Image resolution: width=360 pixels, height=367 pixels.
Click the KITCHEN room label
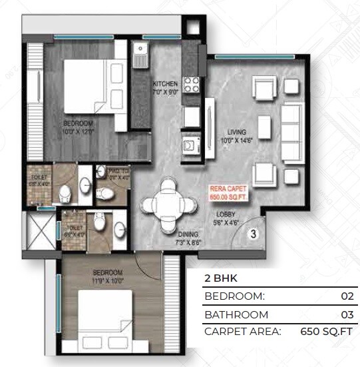tap(166, 84)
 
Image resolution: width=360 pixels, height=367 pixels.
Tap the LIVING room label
tap(237, 132)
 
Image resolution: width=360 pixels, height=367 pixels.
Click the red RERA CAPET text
tap(228, 188)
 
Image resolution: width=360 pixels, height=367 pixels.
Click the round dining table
tap(171, 200)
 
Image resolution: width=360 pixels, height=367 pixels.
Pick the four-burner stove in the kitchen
tap(192, 85)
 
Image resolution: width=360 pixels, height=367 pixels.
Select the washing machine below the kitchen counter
tap(190, 143)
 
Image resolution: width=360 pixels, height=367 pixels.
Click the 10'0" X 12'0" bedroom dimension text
tap(79, 132)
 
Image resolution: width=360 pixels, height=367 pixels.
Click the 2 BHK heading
tap(218, 279)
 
